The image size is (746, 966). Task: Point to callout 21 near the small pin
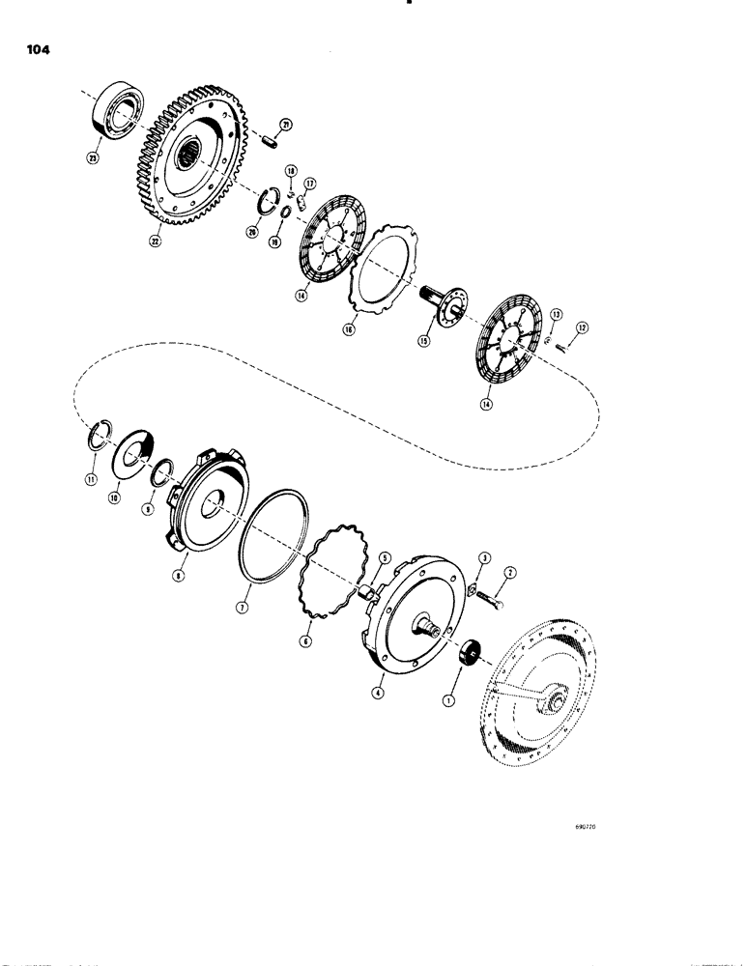coord(287,123)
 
